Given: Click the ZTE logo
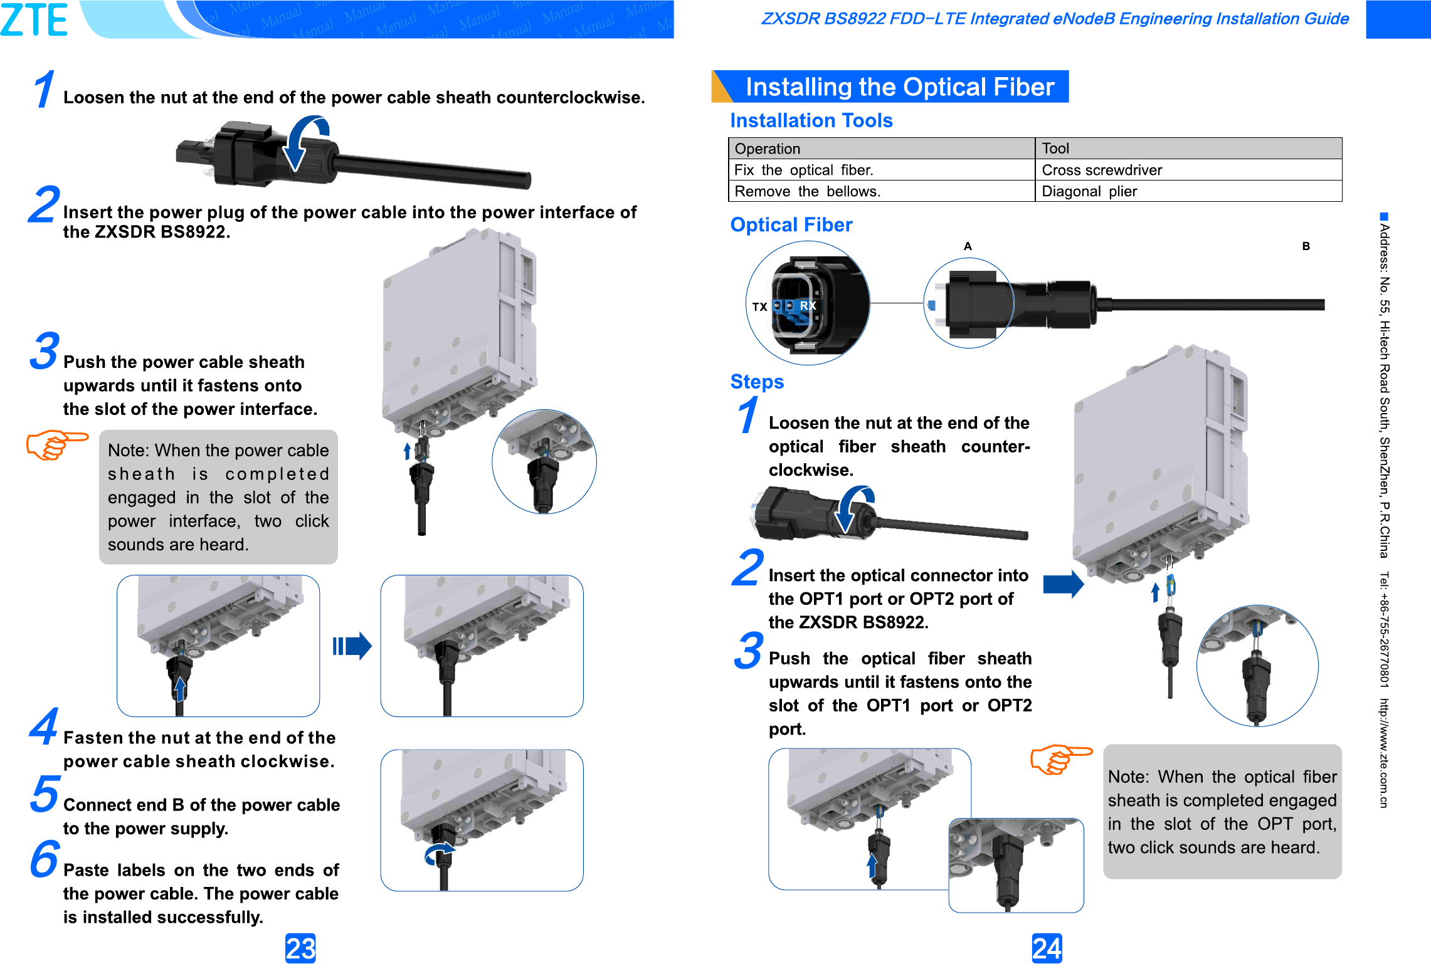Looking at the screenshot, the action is (x=34, y=19).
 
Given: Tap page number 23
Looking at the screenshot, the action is (x=300, y=948).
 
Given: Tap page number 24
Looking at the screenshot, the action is (x=1047, y=948).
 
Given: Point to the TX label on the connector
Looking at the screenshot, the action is (x=759, y=306).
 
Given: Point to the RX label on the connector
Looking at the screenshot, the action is (x=808, y=305).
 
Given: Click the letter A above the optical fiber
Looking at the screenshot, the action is (x=968, y=246).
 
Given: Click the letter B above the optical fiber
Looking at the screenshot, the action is (x=1306, y=246).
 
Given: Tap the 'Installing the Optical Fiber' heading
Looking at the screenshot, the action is (x=899, y=86).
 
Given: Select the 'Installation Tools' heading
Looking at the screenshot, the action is (x=811, y=120).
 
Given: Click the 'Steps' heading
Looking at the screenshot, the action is (x=757, y=382).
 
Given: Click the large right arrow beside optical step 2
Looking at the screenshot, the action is (x=1063, y=584).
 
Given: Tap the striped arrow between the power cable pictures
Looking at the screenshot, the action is (x=352, y=646).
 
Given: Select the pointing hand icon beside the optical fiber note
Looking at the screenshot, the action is (x=1060, y=758).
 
